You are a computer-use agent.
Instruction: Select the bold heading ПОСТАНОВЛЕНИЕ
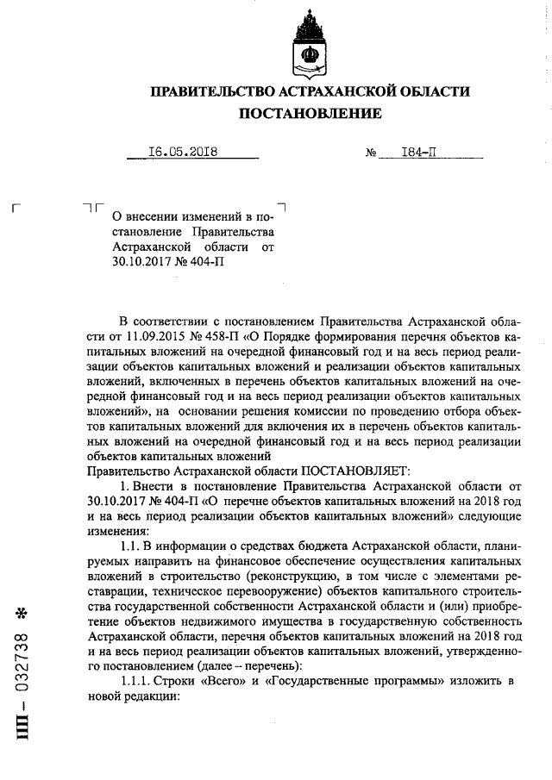[310, 114]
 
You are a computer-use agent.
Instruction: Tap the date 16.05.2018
[183, 152]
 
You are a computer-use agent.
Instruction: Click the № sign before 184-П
[373, 153]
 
